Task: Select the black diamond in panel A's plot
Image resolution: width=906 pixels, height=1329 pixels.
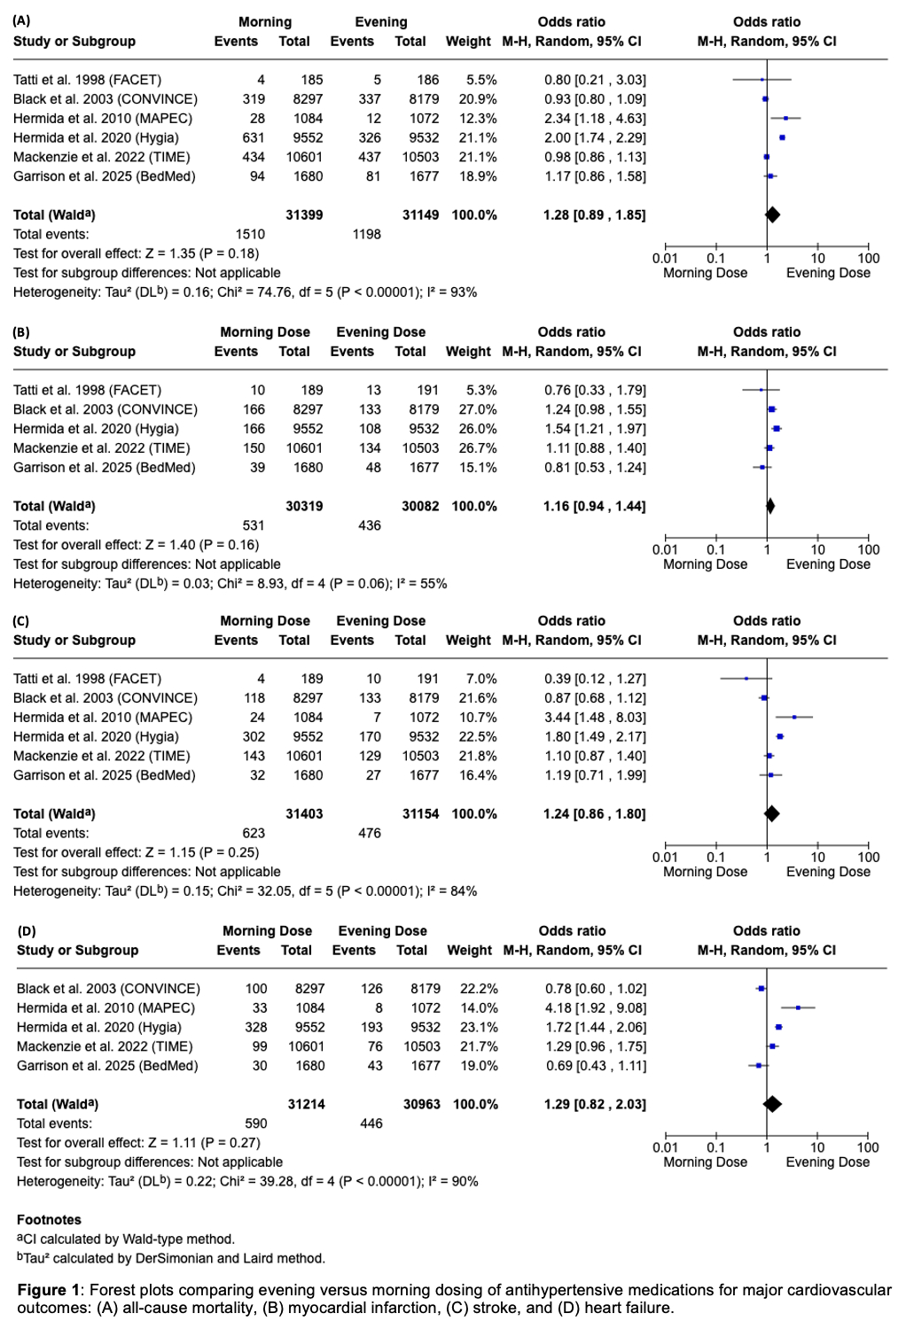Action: (x=772, y=214)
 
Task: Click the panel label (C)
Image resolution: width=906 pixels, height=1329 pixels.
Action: (x=21, y=621)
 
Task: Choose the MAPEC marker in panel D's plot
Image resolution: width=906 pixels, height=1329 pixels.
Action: (x=798, y=1007)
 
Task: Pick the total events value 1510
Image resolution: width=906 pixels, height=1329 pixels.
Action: (x=250, y=235)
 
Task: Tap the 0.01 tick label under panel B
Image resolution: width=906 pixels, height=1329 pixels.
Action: (x=665, y=549)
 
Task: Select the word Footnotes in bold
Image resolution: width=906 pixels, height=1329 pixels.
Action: (x=49, y=1220)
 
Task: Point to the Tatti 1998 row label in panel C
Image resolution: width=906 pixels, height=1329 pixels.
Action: (x=87, y=679)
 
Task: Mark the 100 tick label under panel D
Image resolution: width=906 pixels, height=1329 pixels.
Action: (x=868, y=1147)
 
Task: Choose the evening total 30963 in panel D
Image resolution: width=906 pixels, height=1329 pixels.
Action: (x=422, y=1105)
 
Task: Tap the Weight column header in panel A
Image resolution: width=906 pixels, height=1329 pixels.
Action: (x=468, y=42)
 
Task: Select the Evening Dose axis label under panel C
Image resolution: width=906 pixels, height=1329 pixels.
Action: (x=828, y=872)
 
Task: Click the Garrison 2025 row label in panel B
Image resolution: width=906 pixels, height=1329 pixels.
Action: (x=104, y=468)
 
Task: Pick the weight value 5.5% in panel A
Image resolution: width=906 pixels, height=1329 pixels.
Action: (x=481, y=80)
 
